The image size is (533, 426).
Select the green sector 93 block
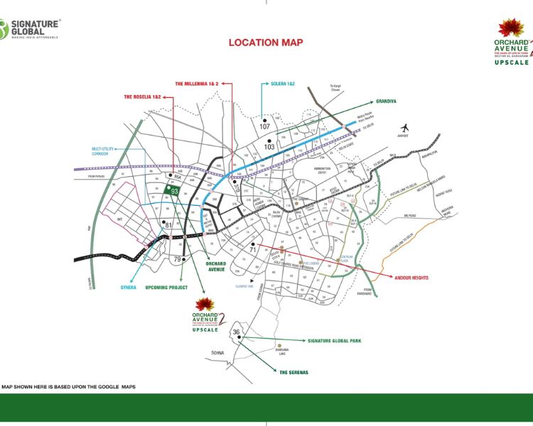(174, 191)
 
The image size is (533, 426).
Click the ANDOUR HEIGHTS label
(411, 278)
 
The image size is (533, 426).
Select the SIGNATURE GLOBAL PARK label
(334, 341)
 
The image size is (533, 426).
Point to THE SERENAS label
(293, 372)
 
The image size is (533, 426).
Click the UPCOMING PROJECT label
(166, 288)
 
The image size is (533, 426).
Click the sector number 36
(237, 332)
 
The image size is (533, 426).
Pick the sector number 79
(178, 259)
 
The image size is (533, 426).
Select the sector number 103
(269, 146)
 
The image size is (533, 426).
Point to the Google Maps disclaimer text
(68, 387)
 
